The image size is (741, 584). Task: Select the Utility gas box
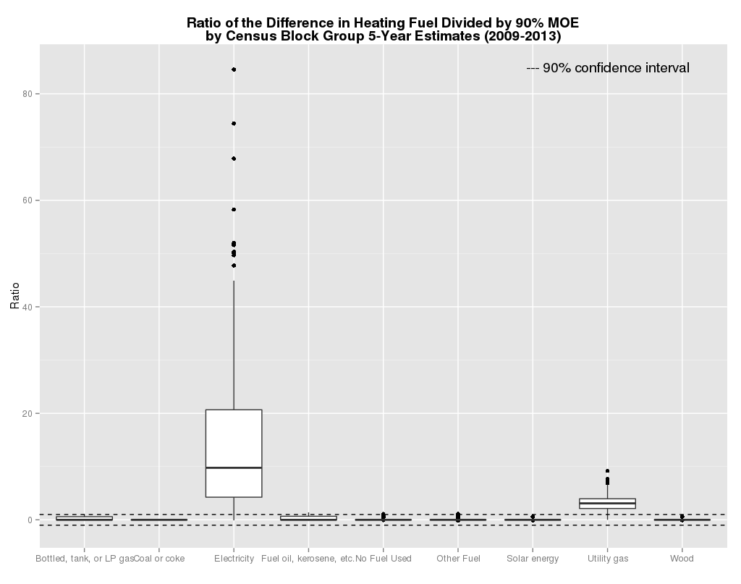pyautogui.click(x=607, y=504)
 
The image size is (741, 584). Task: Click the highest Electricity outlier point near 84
pyautogui.click(x=234, y=69)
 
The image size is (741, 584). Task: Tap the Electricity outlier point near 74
pyautogui.click(x=234, y=124)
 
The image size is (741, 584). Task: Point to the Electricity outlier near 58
pyautogui.click(x=234, y=210)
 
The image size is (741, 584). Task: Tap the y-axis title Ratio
pyautogui.click(x=14, y=297)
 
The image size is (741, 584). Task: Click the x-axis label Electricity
pyautogui.click(x=234, y=559)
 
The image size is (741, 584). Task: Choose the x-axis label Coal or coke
pyautogui.click(x=159, y=559)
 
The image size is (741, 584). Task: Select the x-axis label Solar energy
pyautogui.click(x=533, y=559)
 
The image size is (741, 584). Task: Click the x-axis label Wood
pyautogui.click(x=682, y=559)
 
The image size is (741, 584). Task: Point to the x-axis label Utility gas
pyautogui.click(x=607, y=559)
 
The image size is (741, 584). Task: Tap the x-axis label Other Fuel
pyautogui.click(x=458, y=559)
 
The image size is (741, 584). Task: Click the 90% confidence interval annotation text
pyautogui.click(x=608, y=68)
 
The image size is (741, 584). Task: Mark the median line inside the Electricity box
pyautogui.click(x=234, y=467)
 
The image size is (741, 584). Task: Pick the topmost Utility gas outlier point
pyautogui.click(x=607, y=471)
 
